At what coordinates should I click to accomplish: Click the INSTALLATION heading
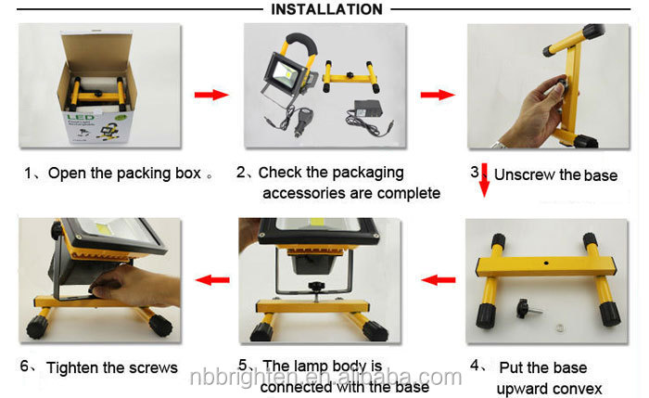(x=326, y=9)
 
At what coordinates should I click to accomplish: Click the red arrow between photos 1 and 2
(x=211, y=95)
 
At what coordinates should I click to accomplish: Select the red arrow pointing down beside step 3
(x=484, y=180)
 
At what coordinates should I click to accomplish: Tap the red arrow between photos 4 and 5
(x=439, y=280)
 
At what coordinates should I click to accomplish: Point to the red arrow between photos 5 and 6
(x=212, y=280)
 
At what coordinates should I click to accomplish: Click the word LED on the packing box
(x=81, y=118)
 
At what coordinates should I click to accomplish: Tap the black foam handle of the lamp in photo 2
(x=301, y=43)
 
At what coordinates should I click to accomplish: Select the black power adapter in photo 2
(x=367, y=109)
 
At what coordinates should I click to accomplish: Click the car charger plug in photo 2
(x=302, y=120)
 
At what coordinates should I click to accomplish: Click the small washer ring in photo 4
(x=560, y=328)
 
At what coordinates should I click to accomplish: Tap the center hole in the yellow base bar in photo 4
(x=546, y=263)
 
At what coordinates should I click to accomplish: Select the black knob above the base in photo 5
(x=316, y=287)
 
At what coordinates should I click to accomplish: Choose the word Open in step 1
(x=67, y=173)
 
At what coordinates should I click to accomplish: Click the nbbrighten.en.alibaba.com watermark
(x=325, y=377)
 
